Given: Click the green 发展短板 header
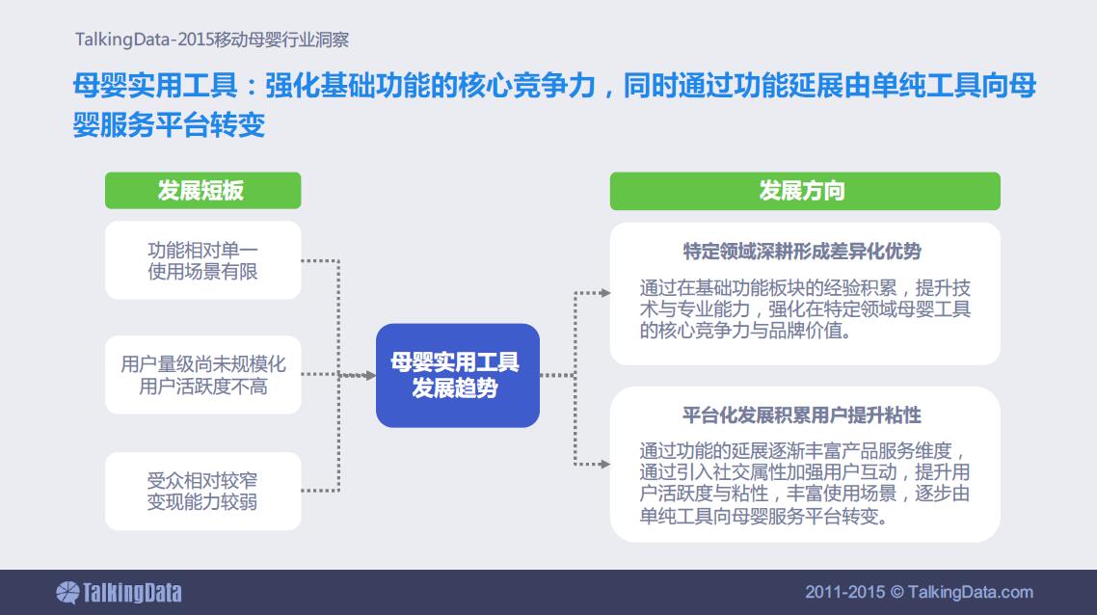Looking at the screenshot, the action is [x=202, y=190].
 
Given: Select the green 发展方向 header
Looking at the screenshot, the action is [x=805, y=191].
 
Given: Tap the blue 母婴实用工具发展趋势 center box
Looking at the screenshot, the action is [x=458, y=375].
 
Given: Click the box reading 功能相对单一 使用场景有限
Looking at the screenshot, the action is [x=202, y=260].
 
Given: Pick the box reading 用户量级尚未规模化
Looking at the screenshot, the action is [x=202, y=375].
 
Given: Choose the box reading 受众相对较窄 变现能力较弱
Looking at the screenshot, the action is [x=202, y=492].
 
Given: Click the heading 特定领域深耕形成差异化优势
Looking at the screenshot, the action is [x=802, y=252].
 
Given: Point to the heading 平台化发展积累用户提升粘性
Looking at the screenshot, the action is [x=802, y=414].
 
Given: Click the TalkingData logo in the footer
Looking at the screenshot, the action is [x=119, y=593].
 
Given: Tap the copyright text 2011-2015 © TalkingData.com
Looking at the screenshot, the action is [x=919, y=592].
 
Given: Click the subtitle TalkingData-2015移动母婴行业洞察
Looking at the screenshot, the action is [x=212, y=40].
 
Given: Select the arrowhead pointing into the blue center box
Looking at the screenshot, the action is [x=370, y=376].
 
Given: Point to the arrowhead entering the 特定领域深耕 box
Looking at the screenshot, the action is [x=605, y=293].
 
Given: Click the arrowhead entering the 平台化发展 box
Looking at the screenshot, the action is [x=605, y=464].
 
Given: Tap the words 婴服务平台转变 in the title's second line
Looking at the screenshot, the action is [x=169, y=125].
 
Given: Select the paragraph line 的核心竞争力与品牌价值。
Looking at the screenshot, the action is [x=746, y=331].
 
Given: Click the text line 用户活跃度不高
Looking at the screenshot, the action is [x=202, y=387].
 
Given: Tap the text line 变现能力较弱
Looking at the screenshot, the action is [x=202, y=501].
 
